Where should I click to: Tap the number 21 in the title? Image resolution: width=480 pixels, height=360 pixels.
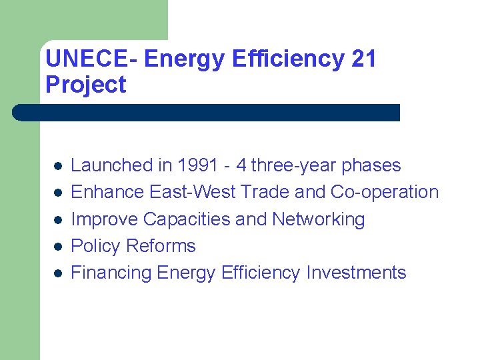(x=363, y=59)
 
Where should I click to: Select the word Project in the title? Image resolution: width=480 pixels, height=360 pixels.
(x=85, y=85)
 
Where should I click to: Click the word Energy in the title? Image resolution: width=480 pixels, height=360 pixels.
(x=184, y=59)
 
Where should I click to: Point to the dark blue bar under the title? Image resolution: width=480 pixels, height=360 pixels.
(x=207, y=113)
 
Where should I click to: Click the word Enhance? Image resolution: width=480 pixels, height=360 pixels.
(x=107, y=192)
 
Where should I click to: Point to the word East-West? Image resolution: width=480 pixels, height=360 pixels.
(x=193, y=192)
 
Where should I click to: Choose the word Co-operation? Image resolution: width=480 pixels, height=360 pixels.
(x=385, y=192)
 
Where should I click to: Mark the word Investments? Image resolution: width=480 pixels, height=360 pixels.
(x=356, y=273)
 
